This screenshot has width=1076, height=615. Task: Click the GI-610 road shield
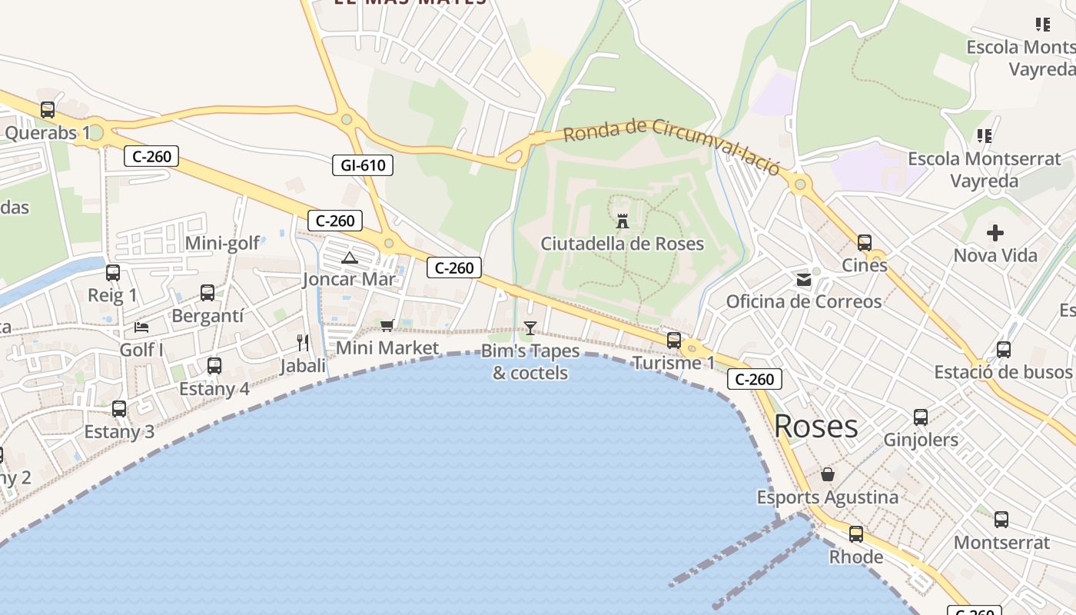pyautogui.click(x=363, y=165)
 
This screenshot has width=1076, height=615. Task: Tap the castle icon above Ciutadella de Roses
pyautogui.click(x=623, y=221)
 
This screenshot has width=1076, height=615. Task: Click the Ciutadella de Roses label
pyautogui.click(x=623, y=244)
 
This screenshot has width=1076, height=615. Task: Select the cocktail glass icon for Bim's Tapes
pyautogui.click(x=530, y=328)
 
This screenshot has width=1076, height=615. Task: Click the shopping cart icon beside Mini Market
pyautogui.click(x=387, y=325)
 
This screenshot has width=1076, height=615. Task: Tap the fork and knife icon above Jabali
pyautogui.click(x=303, y=342)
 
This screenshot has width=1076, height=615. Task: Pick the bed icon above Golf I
pyautogui.click(x=141, y=327)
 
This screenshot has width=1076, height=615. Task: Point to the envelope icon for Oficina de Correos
pyautogui.click(x=804, y=280)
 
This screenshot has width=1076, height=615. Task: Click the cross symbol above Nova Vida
pyautogui.click(x=995, y=232)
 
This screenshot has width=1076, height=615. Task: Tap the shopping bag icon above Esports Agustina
pyautogui.click(x=828, y=474)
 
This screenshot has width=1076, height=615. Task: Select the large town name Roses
pyautogui.click(x=815, y=426)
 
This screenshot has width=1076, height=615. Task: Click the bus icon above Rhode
pyautogui.click(x=856, y=534)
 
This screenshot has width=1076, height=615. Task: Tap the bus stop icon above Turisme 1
pyautogui.click(x=674, y=340)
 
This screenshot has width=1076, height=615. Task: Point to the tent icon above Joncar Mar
pyautogui.click(x=350, y=258)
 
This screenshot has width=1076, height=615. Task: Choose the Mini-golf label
pyautogui.click(x=223, y=244)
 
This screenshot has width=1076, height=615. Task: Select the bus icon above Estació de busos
pyautogui.click(x=1004, y=350)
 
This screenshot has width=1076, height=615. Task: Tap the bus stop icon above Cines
pyautogui.click(x=865, y=243)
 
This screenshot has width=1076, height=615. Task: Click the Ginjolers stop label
pyautogui.click(x=921, y=440)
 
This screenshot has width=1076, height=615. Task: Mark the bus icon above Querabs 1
pyautogui.click(x=48, y=110)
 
